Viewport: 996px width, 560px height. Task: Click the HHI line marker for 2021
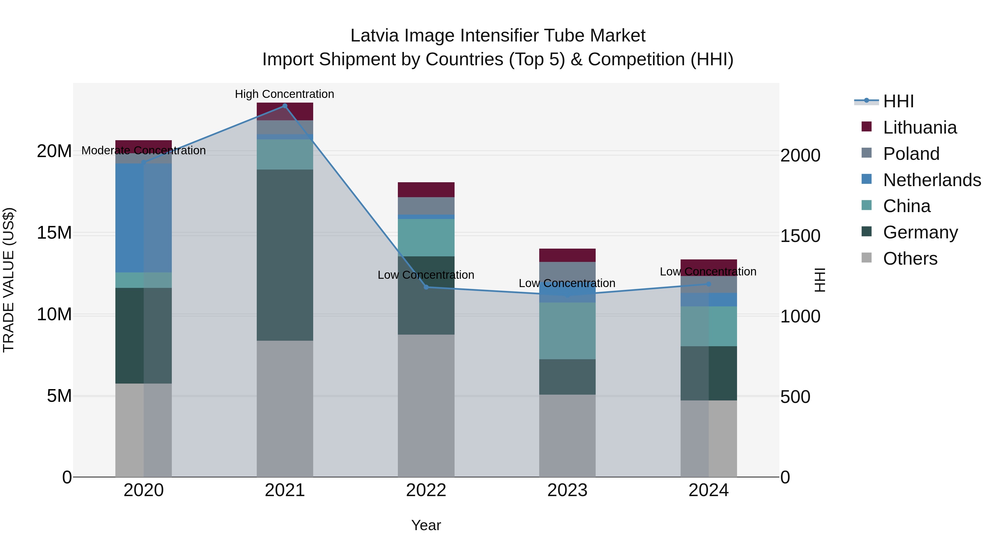(285, 106)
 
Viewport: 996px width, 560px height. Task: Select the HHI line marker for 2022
(426, 287)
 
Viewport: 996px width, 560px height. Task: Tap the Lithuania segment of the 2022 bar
(426, 190)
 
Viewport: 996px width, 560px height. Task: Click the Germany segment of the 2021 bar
(285, 255)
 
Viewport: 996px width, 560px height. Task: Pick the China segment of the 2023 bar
(567, 331)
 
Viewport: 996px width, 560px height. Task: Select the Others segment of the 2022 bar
(426, 406)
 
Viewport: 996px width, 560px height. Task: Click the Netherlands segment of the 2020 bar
(143, 218)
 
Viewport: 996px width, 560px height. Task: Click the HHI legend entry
(898, 101)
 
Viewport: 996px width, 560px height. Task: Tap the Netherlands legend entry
(932, 180)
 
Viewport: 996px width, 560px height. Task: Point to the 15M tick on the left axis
(54, 233)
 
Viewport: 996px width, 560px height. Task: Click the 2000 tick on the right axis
(800, 155)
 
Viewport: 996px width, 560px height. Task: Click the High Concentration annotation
(285, 94)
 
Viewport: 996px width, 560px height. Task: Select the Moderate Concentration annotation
(143, 151)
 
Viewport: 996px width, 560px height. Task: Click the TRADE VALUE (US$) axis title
(9, 280)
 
